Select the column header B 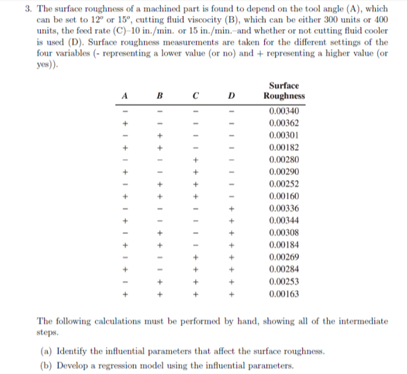click(x=159, y=95)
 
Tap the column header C click(x=196, y=95)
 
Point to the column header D click(x=232, y=95)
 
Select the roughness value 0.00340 click(x=283, y=111)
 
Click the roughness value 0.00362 click(x=283, y=123)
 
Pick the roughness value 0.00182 click(x=283, y=148)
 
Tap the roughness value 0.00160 click(x=283, y=196)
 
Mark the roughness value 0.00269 click(x=283, y=257)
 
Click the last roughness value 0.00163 click(x=283, y=294)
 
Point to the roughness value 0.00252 click(x=283, y=184)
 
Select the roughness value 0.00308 click(x=283, y=233)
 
